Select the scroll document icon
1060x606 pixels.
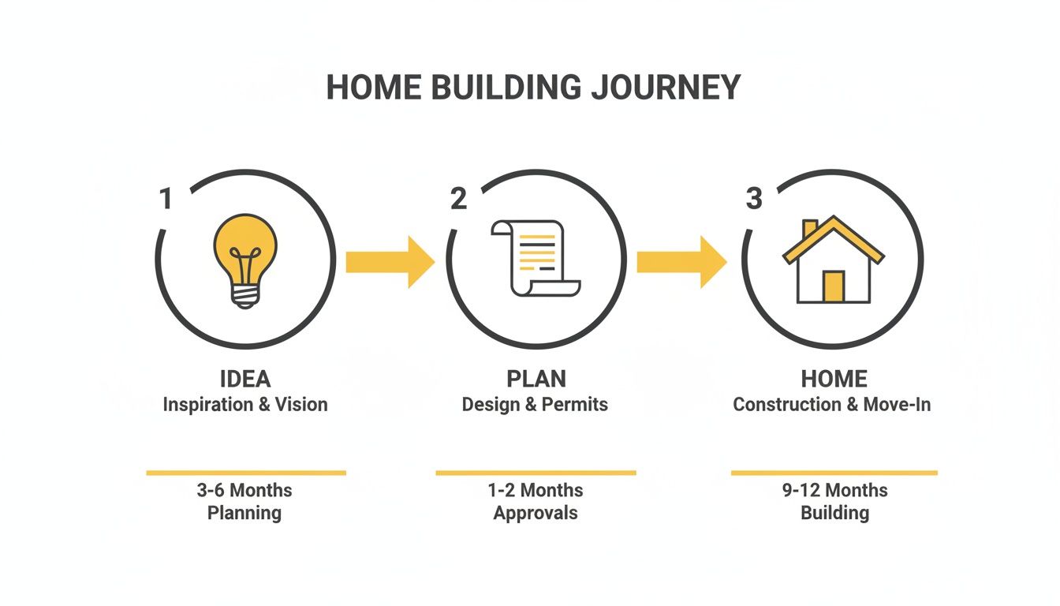(536, 258)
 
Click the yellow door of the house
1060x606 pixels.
(833, 286)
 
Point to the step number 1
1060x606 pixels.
(166, 199)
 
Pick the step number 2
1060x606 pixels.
(458, 199)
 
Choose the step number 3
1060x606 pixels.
(754, 199)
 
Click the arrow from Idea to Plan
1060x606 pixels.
(390, 261)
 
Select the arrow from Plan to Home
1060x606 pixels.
(681, 261)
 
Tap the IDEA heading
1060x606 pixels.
(245, 379)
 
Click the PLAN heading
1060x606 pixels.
(536, 379)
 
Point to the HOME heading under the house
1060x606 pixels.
(834, 379)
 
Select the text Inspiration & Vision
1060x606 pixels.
(245, 405)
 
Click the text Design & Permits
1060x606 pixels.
(536, 405)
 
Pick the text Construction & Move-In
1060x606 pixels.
(832, 405)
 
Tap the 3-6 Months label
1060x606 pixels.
(244, 490)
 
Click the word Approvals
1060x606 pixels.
(536, 513)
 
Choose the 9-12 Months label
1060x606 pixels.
(834, 490)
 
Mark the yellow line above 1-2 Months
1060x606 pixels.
(536, 473)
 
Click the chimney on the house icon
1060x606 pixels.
(810, 229)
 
